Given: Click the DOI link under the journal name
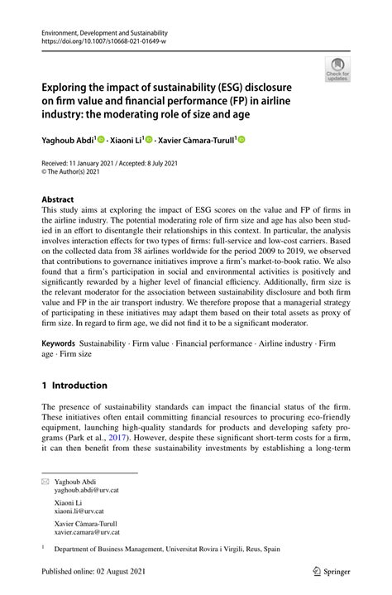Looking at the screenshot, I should click(x=98, y=40).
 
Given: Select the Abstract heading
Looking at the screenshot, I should click(x=57, y=199).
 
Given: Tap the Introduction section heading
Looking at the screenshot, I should click(x=74, y=386).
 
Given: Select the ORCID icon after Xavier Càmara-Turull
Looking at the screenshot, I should click(x=242, y=141).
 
